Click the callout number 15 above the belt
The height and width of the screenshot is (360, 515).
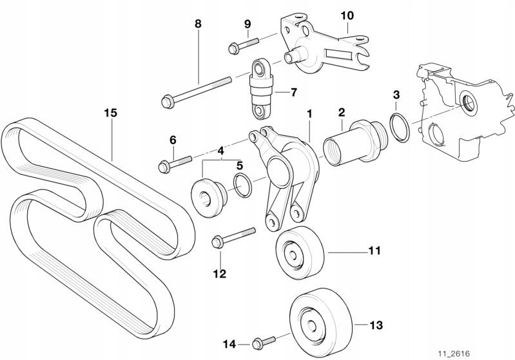coord(110,113)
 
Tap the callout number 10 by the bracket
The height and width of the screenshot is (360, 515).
coord(347,15)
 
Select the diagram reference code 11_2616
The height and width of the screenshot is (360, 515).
coord(454,354)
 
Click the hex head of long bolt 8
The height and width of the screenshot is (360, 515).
coord(168,101)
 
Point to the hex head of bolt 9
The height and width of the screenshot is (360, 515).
coord(233,49)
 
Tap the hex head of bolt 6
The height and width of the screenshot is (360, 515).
coord(163,167)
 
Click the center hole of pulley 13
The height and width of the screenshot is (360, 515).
coord(311,324)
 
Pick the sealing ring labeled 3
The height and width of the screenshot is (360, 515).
coord(400,126)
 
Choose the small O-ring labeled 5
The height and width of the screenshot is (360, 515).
coord(242,185)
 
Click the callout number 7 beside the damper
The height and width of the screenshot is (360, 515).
coord(294,92)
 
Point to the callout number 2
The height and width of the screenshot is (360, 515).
coord(342,113)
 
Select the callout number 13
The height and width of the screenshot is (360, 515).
coord(376,325)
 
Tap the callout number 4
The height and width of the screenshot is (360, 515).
coord(220,151)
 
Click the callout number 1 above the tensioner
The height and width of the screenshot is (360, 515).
coord(309,114)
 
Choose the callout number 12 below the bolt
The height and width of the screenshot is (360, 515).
coord(220,274)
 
